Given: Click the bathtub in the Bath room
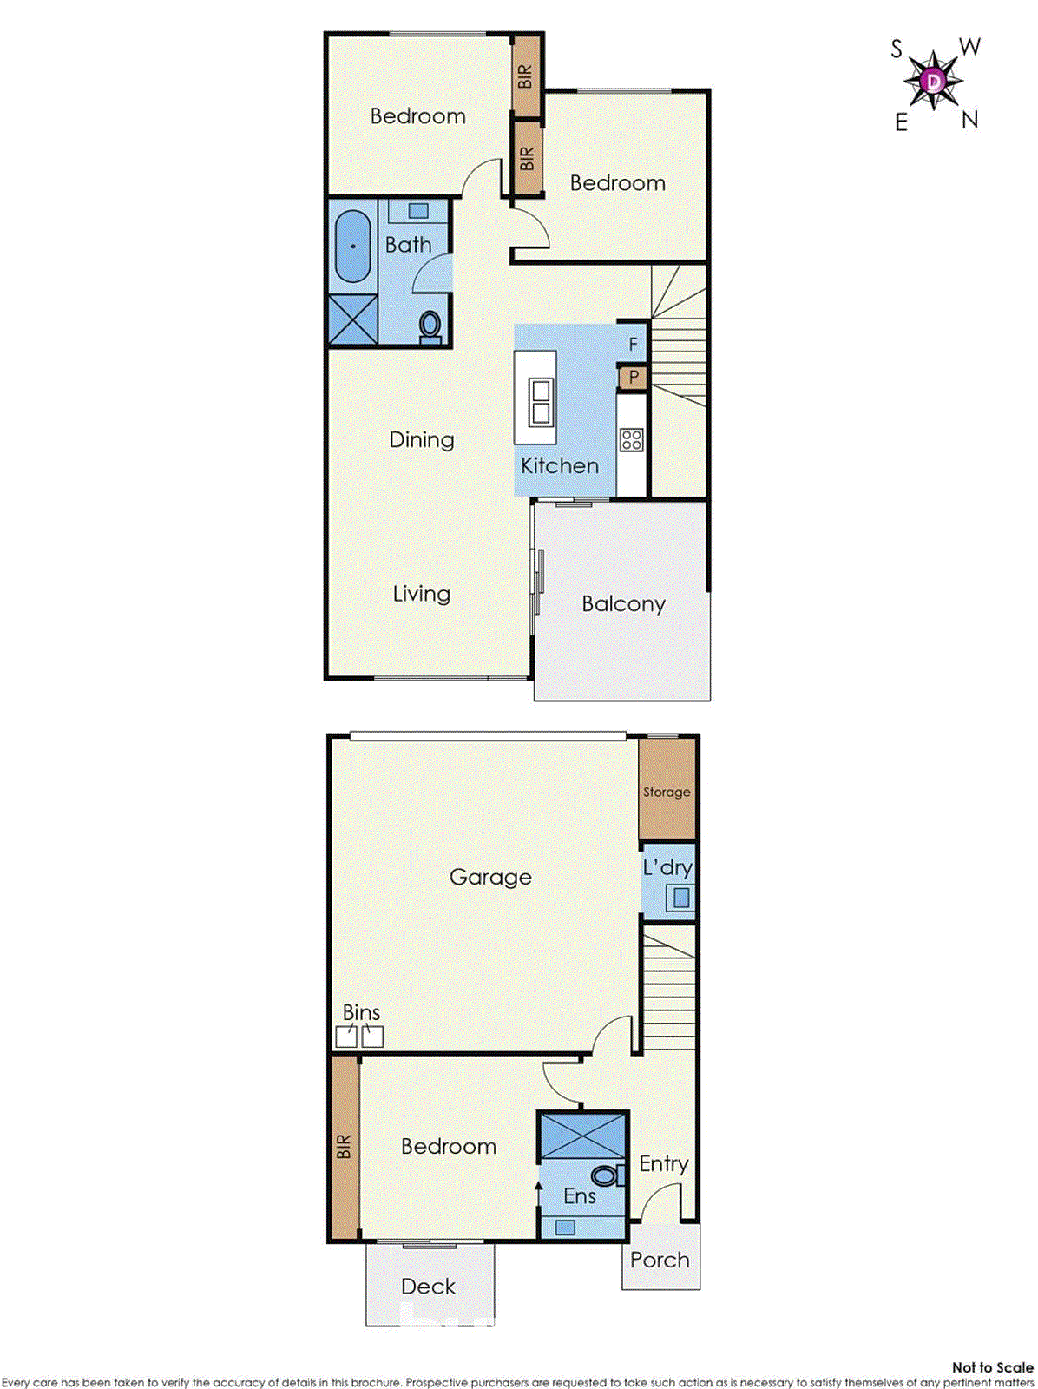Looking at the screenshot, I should click(352, 247).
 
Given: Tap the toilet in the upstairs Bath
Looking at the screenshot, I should click(430, 326).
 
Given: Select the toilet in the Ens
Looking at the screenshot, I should click(605, 1176).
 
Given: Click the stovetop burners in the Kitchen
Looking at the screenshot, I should click(632, 439).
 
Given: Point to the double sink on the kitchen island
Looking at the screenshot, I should click(540, 401).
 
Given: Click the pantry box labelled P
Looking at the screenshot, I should click(634, 378).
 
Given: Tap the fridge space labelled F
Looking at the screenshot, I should click(634, 344).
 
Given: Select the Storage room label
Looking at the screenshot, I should click(667, 792).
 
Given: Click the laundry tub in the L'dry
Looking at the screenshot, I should click(680, 898).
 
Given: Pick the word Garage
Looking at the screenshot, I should click(490, 877).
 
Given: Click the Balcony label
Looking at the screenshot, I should click(623, 604).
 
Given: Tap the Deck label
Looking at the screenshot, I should click(429, 1287).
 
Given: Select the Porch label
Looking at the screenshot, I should click(660, 1260).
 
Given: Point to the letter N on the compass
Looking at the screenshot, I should click(969, 120).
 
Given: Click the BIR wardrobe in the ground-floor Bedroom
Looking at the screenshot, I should click(345, 1147).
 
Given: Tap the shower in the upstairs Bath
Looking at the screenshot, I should click(353, 319).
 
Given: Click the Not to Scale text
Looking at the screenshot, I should click(992, 1367).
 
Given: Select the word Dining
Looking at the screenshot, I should click(422, 439).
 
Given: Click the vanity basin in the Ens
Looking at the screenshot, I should click(565, 1227).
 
